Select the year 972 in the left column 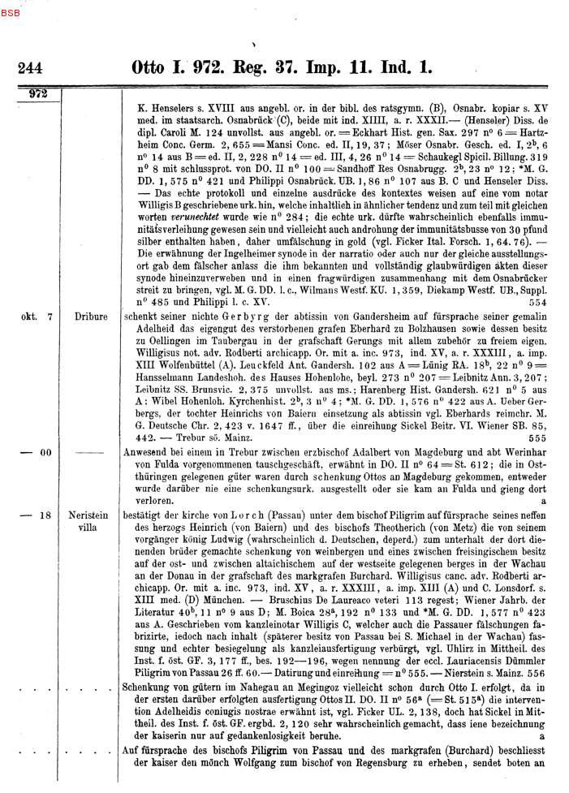coord(38,94)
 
